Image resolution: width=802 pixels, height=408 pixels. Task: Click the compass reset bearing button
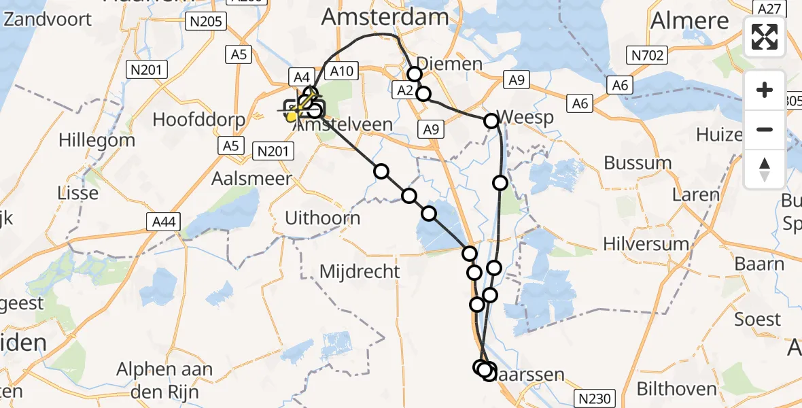[765, 169]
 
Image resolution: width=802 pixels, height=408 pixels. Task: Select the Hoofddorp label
[198, 120]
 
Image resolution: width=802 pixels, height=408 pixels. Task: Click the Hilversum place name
[646, 243]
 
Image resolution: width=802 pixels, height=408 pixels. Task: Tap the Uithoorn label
[322, 218]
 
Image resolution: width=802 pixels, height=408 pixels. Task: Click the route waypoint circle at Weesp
[491, 121]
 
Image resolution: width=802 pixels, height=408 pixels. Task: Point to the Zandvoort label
[48, 18]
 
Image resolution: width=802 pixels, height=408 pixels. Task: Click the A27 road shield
[769, 7]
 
